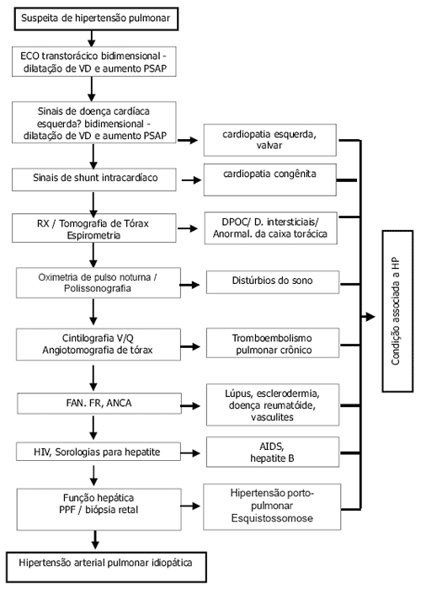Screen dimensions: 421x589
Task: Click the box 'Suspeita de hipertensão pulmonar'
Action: pos(96,19)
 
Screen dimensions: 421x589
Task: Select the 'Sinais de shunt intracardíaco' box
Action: pos(93,179)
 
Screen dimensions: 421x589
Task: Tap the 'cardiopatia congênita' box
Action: pos(269,179)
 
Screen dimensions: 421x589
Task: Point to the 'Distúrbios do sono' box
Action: pos(273,282)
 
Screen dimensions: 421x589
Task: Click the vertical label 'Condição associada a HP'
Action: pos(396,312)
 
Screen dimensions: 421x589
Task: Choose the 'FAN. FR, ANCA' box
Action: pos(99,404)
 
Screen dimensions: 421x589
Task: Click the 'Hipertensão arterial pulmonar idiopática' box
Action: pos(106,567)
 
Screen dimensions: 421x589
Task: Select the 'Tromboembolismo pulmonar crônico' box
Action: pos(273,343)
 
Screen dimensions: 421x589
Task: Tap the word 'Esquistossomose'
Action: pos(272,518)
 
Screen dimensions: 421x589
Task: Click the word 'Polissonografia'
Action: pos(98,288)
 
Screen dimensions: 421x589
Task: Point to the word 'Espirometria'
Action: pos(93,236)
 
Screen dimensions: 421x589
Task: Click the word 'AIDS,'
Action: pos(272,447)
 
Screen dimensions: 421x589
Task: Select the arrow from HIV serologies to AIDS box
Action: pos(190,453)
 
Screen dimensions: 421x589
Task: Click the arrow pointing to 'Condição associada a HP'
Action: pos(368,317)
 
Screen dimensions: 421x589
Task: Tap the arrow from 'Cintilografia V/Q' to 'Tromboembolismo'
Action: pos(190,346)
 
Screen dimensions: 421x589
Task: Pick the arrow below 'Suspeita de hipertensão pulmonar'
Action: pos(91,38)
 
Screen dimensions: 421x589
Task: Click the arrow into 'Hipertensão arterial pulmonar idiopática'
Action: pos(95,540)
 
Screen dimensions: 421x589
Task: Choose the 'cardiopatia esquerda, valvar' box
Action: pos(269,140)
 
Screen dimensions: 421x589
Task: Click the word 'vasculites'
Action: pos(273,417)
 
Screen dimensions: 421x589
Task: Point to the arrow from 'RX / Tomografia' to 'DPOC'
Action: pos(188,228)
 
